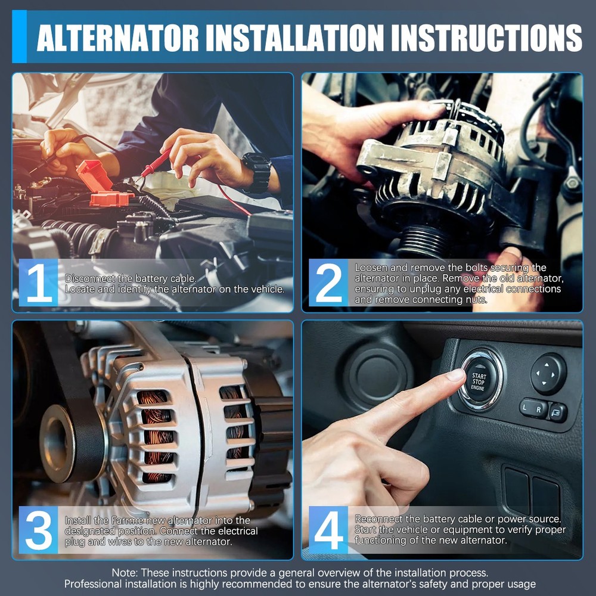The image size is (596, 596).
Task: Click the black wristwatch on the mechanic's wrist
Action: pyautogui.click(x=257, y=172)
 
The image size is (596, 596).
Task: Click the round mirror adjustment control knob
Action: pyautogui.click(x=548, y=374)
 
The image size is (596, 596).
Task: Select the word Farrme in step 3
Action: pyautogui.click(x=126, y=520)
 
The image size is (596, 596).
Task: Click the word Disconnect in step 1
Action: pyautogui.click(x=88, y=278)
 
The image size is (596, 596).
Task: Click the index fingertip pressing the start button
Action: pyautogui.click(x=457, y=375)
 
